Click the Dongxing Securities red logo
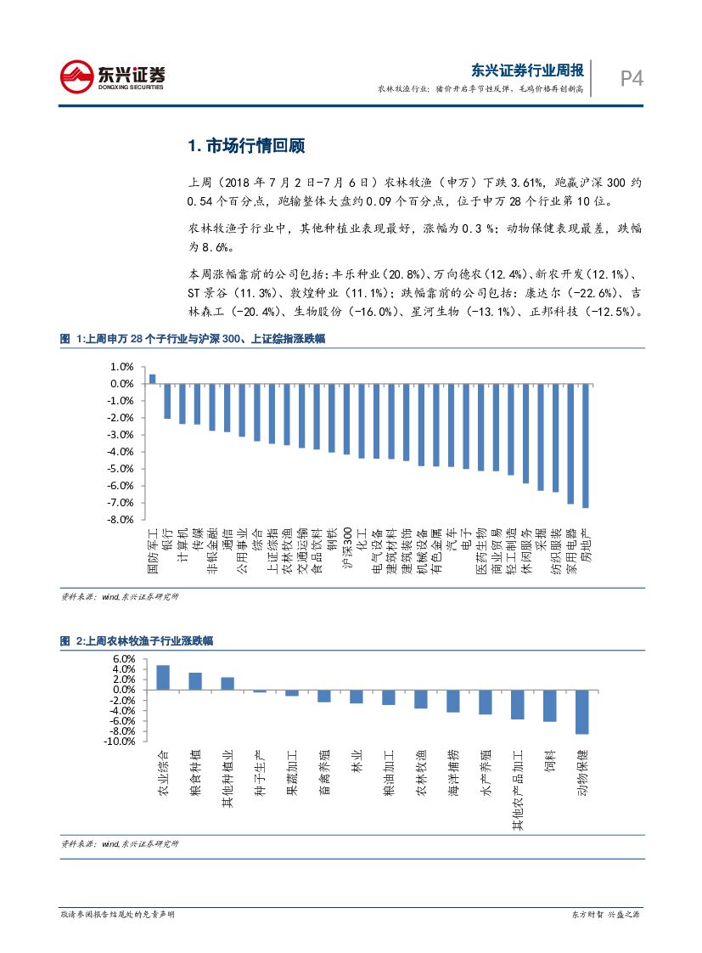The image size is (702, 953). [x=76, y=76]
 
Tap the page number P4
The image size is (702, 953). [x=630, y=79]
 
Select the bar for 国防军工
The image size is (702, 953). [x=152, y=379]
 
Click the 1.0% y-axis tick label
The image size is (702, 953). [x=121, y=367]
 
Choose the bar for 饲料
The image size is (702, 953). [x=549, y=705]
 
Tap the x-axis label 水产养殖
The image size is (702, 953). [x=486, y=770]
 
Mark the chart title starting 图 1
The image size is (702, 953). [x=192, y=339]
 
